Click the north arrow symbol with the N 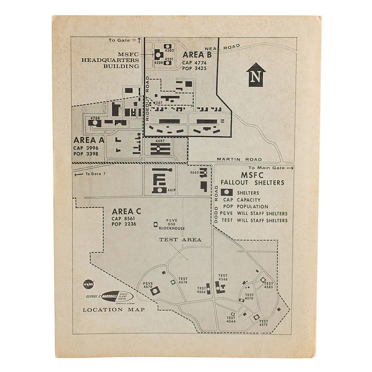[x=256, y=75]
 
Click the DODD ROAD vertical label [x=216, y=204]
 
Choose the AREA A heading [x=89, y=140]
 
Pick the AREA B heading [x=197, y=55]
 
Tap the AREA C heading [x=126, y=211]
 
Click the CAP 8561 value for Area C [x=124, y=218]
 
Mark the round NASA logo [x=89, y=284]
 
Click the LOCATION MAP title [x=113, y=310]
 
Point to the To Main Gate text [x=271, y=168]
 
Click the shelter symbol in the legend [x=227, y=192]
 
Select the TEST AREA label [x=180, y=240]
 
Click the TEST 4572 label [x=263, y=323]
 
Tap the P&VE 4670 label [x=148, y=285]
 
